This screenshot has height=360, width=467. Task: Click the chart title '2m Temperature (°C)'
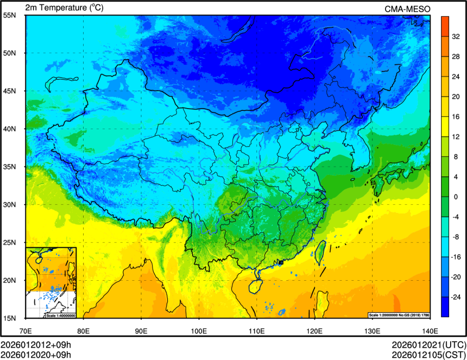pos(64,8)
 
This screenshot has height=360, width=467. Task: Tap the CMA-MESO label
pos(407,9)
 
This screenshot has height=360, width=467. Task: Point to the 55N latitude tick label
pos(9,15)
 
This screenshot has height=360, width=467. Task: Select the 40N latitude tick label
pos(9,129)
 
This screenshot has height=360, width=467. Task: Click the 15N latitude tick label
pos(9,318)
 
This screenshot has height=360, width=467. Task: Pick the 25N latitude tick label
pos(9,242)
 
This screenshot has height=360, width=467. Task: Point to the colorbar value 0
pos(456,197)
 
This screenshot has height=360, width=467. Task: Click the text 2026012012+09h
pos(36,345)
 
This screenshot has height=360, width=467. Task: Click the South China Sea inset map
pos(51,282)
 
